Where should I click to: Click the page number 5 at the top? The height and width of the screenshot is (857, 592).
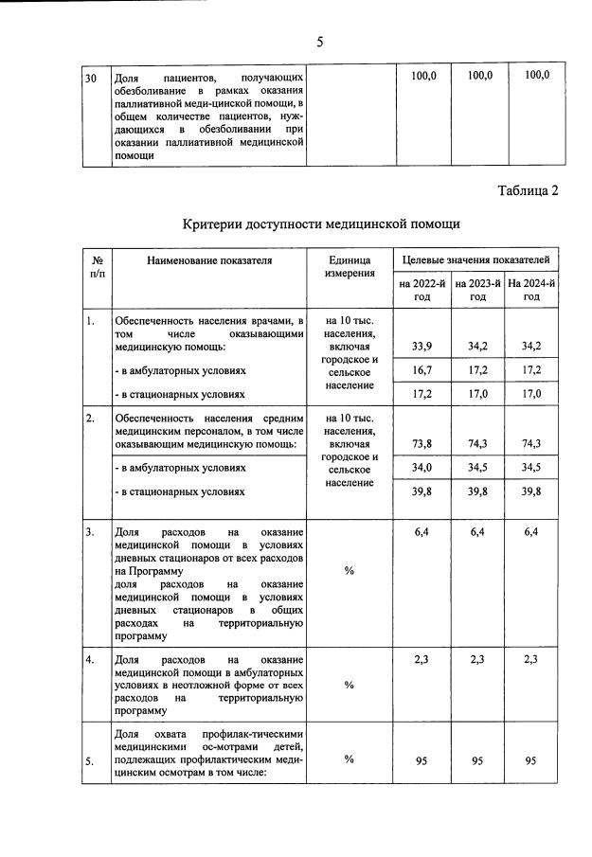coord(319,42)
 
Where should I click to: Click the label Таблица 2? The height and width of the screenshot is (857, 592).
coord(528,190)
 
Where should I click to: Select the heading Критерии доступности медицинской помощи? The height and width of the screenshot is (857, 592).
coord(320,224)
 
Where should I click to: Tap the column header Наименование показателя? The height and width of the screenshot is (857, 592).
coord(208,259)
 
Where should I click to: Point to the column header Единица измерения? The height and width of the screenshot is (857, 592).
coord(349,267)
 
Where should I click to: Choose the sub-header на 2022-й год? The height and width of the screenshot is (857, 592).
coord(422,290)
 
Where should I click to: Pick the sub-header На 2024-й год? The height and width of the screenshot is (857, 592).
coord(531,290)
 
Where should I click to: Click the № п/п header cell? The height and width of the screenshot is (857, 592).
coord(97,266)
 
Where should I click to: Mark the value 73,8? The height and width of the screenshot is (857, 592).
coord(422,443)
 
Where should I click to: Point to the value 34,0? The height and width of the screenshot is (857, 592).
coord(422,467)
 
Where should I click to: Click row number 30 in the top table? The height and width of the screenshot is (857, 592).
coord(92,76)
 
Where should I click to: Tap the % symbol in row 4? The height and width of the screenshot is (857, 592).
coord(349,685)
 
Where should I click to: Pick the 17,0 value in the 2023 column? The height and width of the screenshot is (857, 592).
coord(478,393)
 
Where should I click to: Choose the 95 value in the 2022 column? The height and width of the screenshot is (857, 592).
coord(422,759)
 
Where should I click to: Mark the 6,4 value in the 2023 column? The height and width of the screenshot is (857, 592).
coord(478,532)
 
